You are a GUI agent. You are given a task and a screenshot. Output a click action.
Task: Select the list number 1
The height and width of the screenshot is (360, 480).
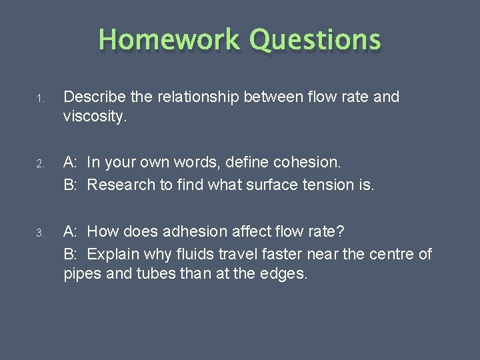[40, 99]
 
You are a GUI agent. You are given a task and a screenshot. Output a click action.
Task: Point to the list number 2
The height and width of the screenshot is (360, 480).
[40, 164]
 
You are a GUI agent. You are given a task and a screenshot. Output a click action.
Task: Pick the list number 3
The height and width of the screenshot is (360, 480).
[40, 233]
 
